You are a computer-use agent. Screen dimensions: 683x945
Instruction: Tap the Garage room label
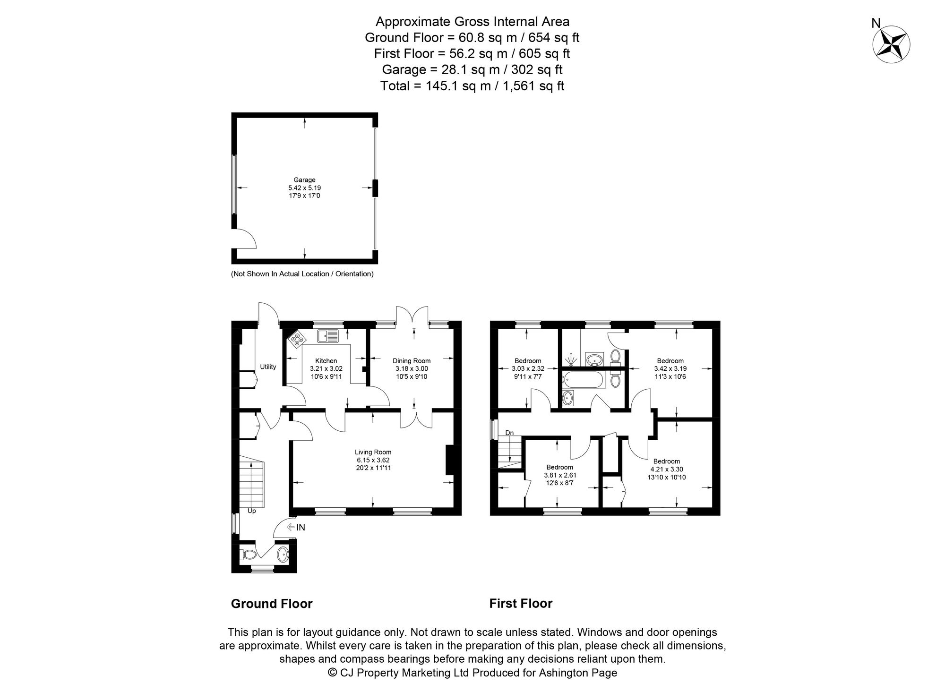point(304,180)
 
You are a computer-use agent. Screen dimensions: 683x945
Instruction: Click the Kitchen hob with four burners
point(297,338)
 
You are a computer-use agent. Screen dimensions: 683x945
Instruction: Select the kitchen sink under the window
point(328,336)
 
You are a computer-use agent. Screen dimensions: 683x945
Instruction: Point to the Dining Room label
point(412,361)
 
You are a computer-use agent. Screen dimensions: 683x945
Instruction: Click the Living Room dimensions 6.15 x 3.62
point(373,460)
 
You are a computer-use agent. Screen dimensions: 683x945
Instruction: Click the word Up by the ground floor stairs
point(252,511)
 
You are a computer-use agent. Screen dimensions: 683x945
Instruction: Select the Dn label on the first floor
point(509,433)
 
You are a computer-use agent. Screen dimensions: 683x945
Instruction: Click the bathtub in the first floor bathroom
point(583,380)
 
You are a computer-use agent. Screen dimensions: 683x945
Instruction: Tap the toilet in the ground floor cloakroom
point(248,554)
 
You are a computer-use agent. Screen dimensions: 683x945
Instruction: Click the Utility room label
point(268,367)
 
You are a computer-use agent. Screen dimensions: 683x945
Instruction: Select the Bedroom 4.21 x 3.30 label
point(666,461)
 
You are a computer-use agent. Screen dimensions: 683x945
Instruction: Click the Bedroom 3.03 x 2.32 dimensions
point(527,369)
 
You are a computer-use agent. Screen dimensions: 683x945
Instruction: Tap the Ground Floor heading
point(272,604)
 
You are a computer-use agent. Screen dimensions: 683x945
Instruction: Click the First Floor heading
point(520,604)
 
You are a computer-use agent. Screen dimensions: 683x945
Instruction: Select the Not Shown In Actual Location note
point(302,274)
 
